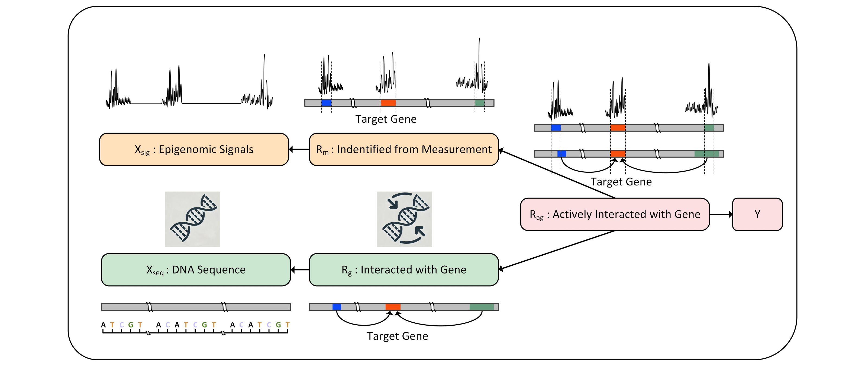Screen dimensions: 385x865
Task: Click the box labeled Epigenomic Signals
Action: coord(194,149)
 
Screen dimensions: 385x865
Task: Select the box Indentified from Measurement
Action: coord(404,149)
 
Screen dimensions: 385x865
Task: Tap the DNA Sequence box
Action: coord(196,270)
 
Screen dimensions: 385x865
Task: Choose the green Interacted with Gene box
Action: coord(404,270)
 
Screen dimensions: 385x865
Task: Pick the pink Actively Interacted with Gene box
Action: coord(615,214)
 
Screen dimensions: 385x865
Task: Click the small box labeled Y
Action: coord(757,214)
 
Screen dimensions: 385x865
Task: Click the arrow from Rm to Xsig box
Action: coord(299,149)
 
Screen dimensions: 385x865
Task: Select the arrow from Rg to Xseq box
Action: coord(300,270)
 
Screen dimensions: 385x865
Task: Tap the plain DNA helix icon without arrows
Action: coord(192,219)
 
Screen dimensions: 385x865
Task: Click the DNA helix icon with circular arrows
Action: coord(405,219)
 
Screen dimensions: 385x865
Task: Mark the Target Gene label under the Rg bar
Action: coord(397,336)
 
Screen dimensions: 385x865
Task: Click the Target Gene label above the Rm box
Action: coord(386,119)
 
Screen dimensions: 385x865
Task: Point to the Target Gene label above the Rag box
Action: coord(621,182)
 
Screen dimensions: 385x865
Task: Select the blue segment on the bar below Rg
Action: coord(337,307)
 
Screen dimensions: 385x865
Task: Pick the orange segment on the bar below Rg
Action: coord(393,307)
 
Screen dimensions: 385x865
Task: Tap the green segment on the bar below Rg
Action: coord(482,307)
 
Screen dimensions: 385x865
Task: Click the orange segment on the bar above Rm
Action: coord(388,103)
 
